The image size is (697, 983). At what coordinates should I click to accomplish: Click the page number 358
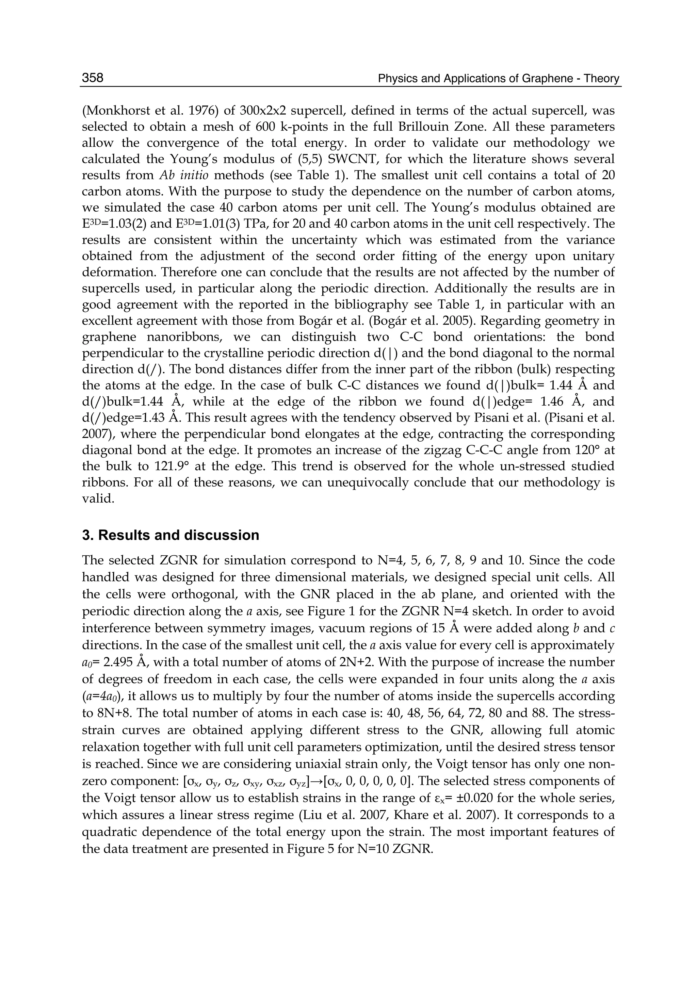(x=93, y=78)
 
